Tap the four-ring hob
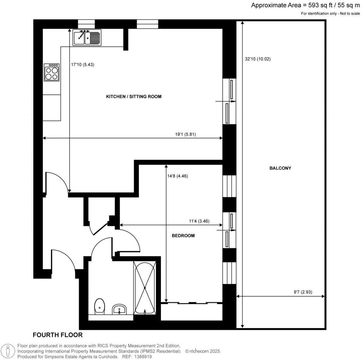tap(51, 72)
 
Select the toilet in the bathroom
tap(100, 306)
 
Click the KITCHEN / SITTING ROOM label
tap(134, 96)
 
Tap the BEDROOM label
tap(183, 236)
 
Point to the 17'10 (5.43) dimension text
tap(83, 65)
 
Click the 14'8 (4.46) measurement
tap(180, 176)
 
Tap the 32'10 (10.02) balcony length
tap(257, 59)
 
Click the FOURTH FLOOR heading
tap(58, 335)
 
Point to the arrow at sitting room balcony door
tap(222, 101)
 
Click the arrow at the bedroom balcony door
tap(222, 230)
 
